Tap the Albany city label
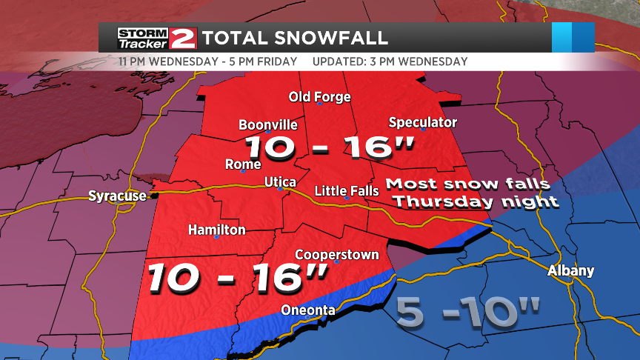click(570, 271)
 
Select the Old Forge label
click(319, 97)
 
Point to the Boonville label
click(268, 125)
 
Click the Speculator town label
click(422, 122)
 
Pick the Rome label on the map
click(243, 164)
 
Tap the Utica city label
click(280, 182)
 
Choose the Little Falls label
click(347, 191)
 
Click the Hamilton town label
click(216, 230)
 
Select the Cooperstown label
click(337, 255)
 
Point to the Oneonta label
click(307, 310)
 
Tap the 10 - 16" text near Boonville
click(328, 147)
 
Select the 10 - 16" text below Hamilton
click(237, 277)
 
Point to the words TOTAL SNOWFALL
click(295, 37)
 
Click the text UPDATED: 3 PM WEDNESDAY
click(390, 61)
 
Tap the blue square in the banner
click(573, 37)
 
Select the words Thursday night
click(475, 201)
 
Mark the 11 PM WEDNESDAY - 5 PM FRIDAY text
click(207, 61)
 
